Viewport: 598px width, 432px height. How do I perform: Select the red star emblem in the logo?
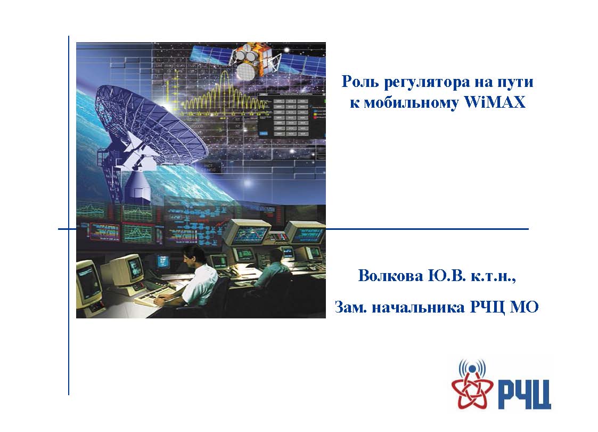(471, 390)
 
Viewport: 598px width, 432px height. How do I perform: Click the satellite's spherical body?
(245, 71)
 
